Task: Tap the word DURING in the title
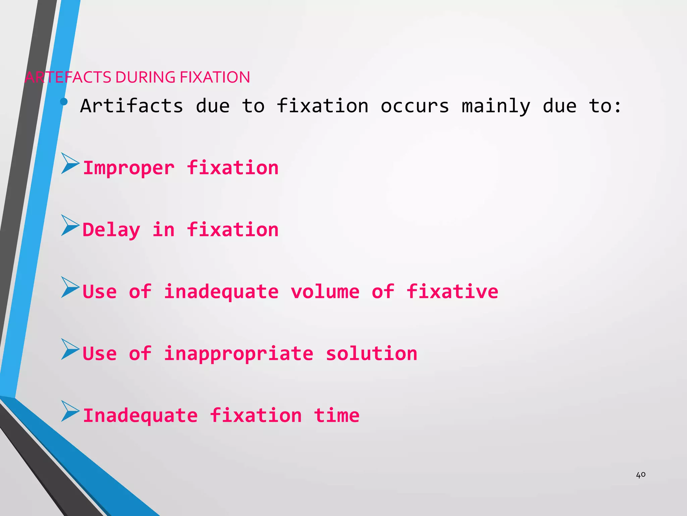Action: click(x=145, y=77)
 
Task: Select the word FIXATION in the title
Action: click(x=215, y=77)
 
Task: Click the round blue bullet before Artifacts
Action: click(x=64, y=101)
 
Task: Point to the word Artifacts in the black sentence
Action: click(x=131, y=106)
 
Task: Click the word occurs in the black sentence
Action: click(x=415, y=106)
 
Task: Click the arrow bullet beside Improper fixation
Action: click(x=70, y=163)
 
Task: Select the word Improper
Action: click(x=129, y=168)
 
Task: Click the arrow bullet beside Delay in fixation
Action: click(x=70, y=225)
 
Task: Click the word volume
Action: click(x=325, y=292)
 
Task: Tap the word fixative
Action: click(x=452, y=292)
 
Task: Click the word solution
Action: click(x=371, y=353)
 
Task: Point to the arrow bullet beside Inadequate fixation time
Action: click(x=70, y=411)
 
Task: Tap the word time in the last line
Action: click(x=336, y=415)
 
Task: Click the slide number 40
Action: click(x=640, y=475)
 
